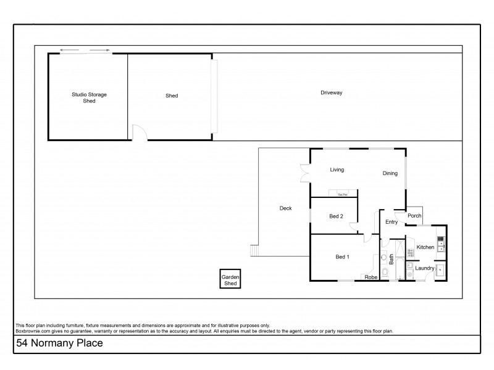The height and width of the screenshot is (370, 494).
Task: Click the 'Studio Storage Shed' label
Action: coord(89,97)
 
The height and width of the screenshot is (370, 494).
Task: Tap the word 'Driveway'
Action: coord(331,92)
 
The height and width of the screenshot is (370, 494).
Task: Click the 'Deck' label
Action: coord(285,208)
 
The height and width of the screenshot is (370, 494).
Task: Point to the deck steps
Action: coord(253,251)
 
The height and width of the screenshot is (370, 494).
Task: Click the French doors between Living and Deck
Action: coord(304,173)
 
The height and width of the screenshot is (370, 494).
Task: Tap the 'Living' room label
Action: coord(337,170)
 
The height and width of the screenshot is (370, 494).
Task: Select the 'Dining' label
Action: coord(390,174)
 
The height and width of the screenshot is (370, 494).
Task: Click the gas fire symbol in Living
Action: coord(342,194)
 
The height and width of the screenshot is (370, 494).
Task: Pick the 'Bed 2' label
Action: coord(336,216)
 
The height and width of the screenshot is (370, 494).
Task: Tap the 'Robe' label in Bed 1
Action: coord(371,277)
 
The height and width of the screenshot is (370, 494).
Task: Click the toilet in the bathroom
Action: coord(385,272)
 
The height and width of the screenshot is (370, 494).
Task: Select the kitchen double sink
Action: coord(440,244)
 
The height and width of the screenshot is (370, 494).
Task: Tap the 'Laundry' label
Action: coord(424,268)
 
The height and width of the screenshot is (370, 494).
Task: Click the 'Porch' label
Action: coord(414,216)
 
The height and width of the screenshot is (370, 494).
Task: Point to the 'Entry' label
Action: coord(391,222)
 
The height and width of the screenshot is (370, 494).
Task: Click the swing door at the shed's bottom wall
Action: coord(140,133)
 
